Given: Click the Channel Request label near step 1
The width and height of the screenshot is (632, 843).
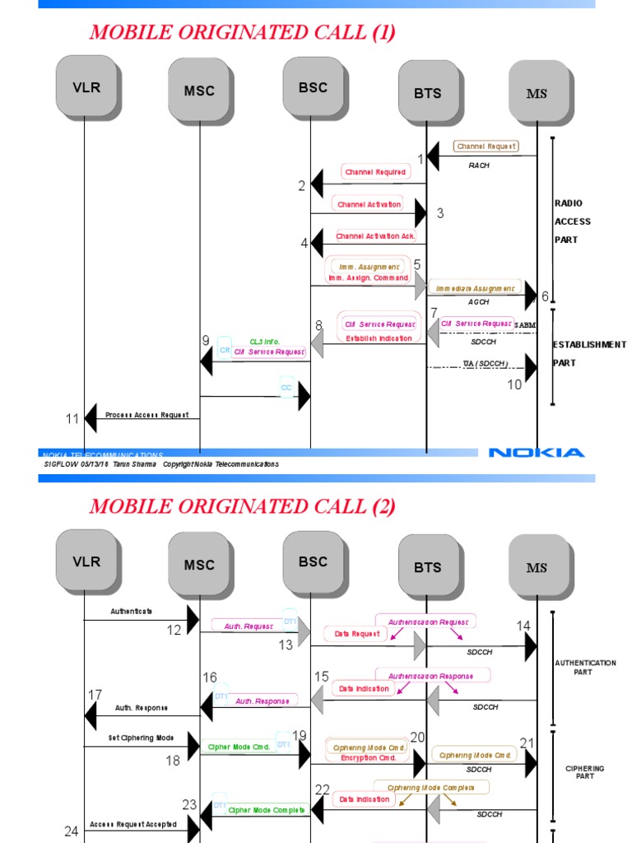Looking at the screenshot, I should click(x=487, y=146).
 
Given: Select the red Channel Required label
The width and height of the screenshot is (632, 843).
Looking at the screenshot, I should click(x=375, y=172).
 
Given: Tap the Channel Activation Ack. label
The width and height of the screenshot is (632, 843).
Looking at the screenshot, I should click(x=375, y=236).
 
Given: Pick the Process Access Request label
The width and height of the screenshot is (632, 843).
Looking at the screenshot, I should click(x=146, y=415).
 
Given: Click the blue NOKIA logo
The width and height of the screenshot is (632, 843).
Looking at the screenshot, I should click(x=537, y=452).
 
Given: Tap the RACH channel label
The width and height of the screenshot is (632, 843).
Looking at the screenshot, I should click(x=479, y=165).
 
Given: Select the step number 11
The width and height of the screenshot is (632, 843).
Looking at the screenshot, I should click(x=72, y=419).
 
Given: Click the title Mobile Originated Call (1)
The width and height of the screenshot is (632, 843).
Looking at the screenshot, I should click(x=242, y=32).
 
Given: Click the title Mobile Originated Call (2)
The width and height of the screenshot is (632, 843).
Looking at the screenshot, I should click(x=242, y=506).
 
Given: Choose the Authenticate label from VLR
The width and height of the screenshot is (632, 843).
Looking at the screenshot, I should click(x=132, y=612).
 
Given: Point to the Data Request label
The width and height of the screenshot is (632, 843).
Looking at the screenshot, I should click(x=357, y=634).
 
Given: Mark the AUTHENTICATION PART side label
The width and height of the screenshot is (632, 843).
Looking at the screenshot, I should click(x=584, y=667).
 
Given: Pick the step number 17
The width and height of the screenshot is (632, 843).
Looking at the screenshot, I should click(x=95, y=695).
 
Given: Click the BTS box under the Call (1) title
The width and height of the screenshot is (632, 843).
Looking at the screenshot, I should click(x=427, y=93).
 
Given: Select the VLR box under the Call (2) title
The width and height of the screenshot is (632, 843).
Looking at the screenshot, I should click(x=86, y=561).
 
